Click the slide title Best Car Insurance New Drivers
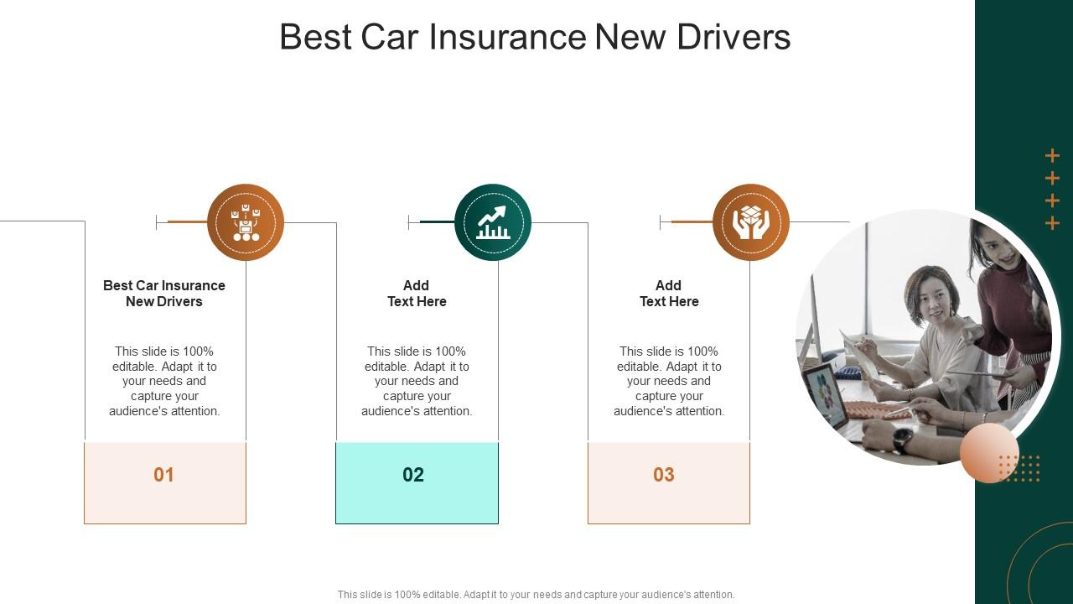coord(535,38)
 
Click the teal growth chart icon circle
coord(493,222)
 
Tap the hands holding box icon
coord(751,222)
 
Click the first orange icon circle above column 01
coord(246,222)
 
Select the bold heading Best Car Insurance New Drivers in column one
coord(164,294)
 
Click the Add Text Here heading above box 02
coord(417,294)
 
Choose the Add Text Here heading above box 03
coord(669,294)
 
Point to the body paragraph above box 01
coord(164,381)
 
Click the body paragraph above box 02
coord(417,381)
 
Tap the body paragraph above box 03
coord(669,381)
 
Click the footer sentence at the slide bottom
coord(536,595)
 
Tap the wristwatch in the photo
coord(903,436)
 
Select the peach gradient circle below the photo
coord(989,453)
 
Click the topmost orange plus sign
coord(1053,156)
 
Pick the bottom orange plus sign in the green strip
coord(1053,223)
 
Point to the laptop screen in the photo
coord(825,394)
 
